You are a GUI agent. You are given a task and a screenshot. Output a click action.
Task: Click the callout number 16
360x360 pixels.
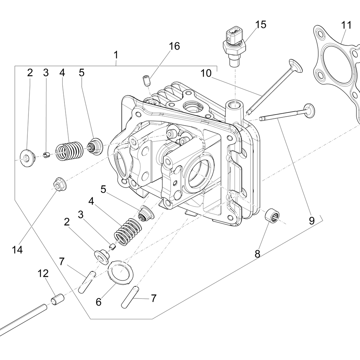[174, 46]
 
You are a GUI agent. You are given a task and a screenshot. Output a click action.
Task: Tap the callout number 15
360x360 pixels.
[261, 25]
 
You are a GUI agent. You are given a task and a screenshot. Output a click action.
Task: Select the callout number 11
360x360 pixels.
[346, 26]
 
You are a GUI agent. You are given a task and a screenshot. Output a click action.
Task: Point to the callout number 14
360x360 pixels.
[17, 249]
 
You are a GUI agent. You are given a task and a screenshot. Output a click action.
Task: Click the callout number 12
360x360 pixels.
[43, 274]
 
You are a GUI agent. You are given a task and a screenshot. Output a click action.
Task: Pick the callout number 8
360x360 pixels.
[257, 253]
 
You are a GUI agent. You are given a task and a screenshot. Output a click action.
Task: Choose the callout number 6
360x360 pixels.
[98, 302]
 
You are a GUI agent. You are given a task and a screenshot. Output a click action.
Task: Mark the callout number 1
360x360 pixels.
[116, 55]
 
